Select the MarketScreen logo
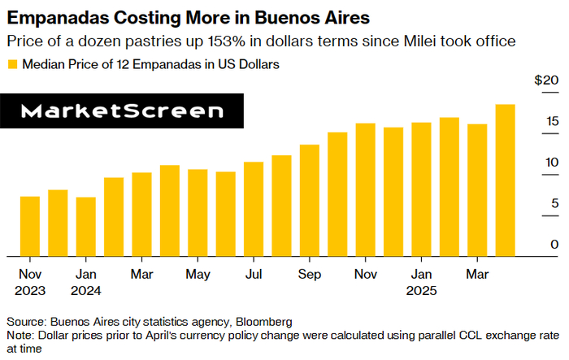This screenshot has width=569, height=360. (122, 111)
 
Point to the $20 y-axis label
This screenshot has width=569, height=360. (546, 80)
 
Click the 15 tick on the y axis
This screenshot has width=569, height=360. (552, 122)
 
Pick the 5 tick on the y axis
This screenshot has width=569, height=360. (554, 203)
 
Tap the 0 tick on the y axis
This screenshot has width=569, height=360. (554, 244)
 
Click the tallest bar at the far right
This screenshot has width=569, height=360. (505, 180)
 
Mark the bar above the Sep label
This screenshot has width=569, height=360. (310, 200)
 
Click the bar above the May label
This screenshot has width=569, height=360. (198, 212)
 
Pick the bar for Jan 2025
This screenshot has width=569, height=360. (421, 189)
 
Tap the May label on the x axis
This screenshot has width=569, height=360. (198, 274)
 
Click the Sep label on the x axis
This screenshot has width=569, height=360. (310, 274)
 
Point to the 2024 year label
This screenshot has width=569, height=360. (85, 290)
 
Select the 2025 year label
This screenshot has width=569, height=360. (421, 290)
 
